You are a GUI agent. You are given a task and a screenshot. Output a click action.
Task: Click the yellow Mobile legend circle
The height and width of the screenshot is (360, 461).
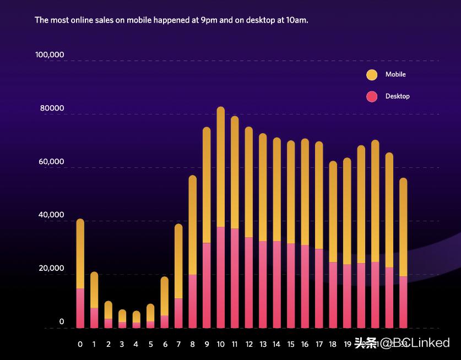[x=372, y=75]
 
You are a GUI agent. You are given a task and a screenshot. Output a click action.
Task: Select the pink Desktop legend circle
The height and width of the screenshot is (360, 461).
[x=372, y=96]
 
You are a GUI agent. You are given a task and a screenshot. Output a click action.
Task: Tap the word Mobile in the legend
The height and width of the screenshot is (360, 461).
[x=395, y=74]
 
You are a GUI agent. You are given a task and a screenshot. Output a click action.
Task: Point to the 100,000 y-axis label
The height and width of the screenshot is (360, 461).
[x=50, y=55]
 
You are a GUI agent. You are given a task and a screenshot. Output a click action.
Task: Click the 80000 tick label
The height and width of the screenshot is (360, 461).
[x=52, y=109]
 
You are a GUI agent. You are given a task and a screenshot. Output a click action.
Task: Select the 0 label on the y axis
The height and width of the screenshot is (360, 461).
[x=62, y=322]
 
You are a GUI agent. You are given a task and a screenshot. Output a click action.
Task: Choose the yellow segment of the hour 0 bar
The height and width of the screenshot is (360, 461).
[x=80, y=254]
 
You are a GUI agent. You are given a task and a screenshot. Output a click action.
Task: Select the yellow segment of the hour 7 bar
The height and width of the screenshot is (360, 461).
[x=178, y=261]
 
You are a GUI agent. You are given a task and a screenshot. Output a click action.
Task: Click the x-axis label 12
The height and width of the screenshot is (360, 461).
[x=249, y=345]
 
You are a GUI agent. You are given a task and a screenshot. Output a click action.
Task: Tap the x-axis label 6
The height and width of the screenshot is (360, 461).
[x=165, y=345]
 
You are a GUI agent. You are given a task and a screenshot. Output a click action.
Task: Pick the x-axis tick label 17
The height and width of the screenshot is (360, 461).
[x=319, y=345]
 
